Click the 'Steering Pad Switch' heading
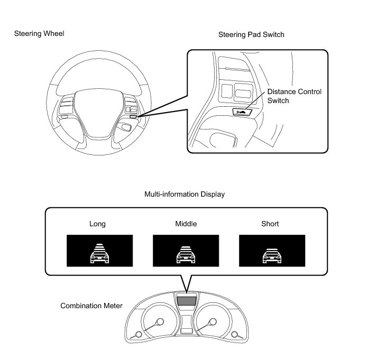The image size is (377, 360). click(x=251, y=35)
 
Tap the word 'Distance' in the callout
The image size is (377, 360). click(x=281, y=91)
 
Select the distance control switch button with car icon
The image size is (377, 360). click(x=242, y=112)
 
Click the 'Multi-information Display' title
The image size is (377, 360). click(x=185, y=195)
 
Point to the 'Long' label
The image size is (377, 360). click(x=97, y=224)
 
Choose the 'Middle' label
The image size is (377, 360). click(x=186, y=224)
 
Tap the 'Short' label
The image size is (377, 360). click(x=270, y=224)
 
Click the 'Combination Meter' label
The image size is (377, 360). click(x=91, y=306)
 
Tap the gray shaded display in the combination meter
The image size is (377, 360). click(x=186, y=301)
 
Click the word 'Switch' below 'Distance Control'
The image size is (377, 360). click(x=279, y=100)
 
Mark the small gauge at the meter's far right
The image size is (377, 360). click(x=234, y=334)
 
